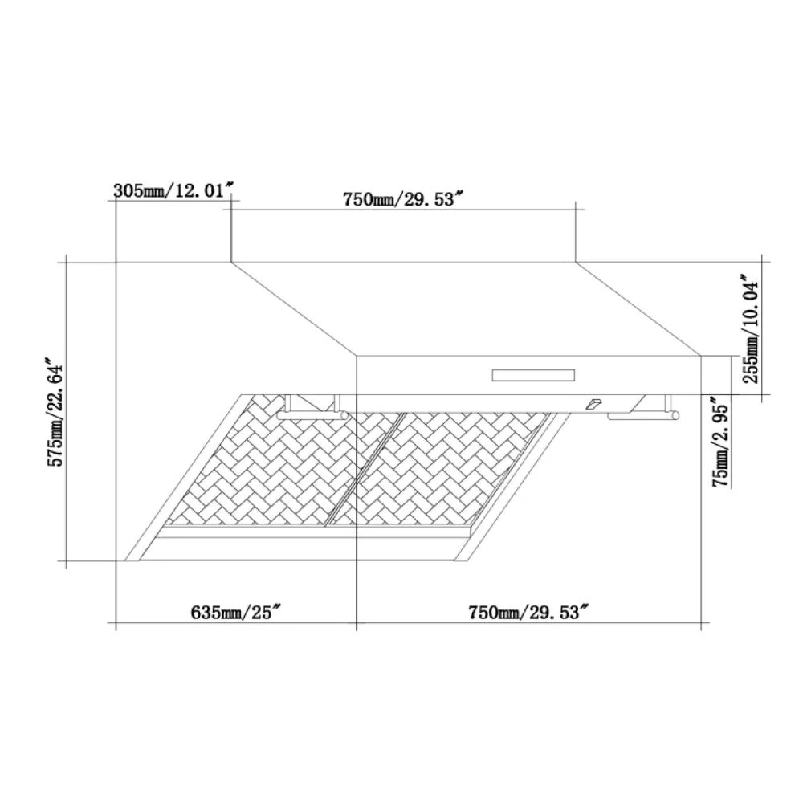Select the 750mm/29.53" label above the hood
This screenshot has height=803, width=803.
[398, 198]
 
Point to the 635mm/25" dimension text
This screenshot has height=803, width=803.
[237, 612]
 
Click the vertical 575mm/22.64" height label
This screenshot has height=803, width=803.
[55, 412]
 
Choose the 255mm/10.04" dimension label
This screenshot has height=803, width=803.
[751, 329]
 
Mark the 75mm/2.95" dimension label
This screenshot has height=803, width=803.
[720, 442]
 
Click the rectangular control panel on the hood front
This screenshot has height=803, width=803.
[533, 375]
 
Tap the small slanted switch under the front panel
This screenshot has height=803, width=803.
[594, 404]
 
